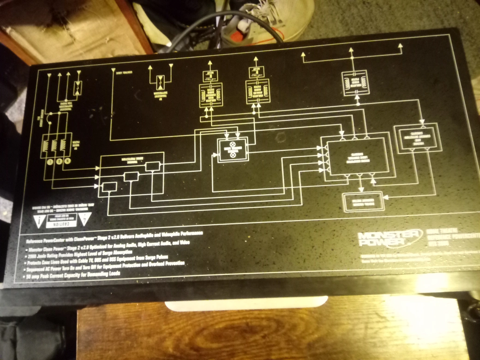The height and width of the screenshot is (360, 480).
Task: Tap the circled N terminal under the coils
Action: coord(68,161)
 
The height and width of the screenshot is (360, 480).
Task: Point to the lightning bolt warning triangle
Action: coord(85,218)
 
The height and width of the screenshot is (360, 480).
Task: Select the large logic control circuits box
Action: coord(356,156)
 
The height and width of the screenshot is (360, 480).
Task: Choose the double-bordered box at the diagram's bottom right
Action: coord(363,202)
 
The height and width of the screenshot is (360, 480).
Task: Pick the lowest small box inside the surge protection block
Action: coord(109,186)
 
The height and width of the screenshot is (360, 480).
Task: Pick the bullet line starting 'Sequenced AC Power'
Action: coord(106,263)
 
